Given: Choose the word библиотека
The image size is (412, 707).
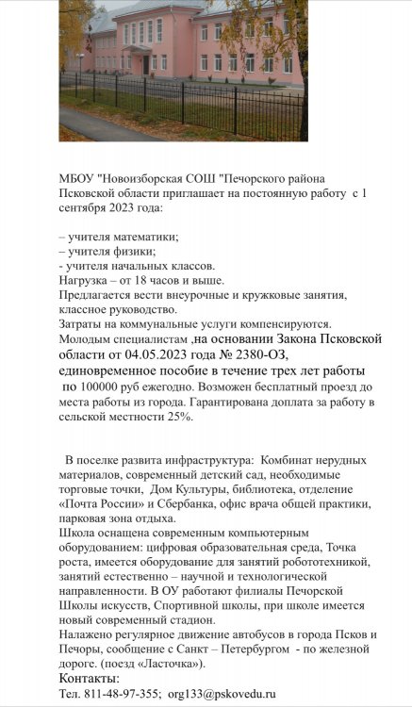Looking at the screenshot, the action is (x=255, y=488).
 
